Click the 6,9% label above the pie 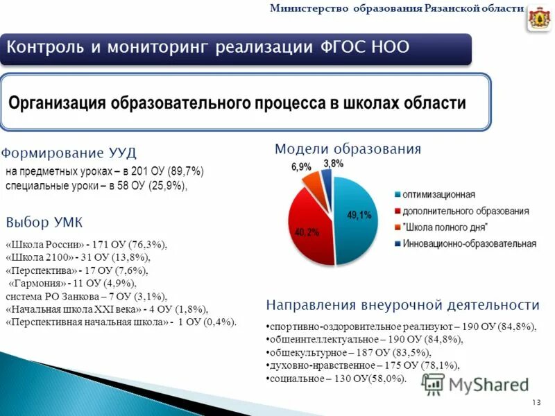(x=300, y=167)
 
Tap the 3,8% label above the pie (x=333, y=163)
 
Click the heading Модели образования (x=348, y=149)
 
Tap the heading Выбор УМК (x=44, y=223)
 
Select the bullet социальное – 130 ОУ (x=336, y=378)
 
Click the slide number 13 (x=536, y=403)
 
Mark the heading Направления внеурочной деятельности (x=402, y=305)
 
